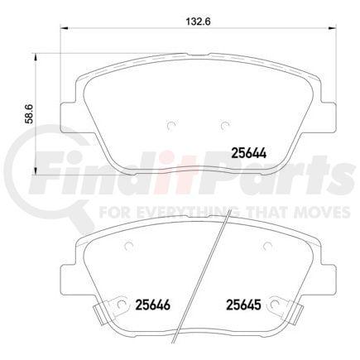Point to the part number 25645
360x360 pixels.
click(x=244, y=304)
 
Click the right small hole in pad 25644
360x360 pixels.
click(x=224, y=126)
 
